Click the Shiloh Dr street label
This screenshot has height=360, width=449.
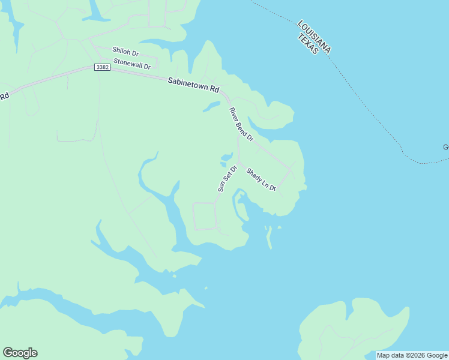pos(125,53)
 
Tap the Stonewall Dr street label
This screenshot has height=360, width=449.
pos(131,63)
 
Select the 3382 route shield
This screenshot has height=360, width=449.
pos(102,67)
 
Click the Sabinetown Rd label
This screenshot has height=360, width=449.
pos(193,84)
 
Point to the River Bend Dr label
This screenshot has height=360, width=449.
pos(241,124)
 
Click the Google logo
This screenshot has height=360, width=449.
pos(20,353)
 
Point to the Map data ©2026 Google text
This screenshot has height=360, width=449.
pos(412,355)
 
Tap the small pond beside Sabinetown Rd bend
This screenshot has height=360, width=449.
pos(211,107)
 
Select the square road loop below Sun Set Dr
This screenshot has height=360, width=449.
pos(203,216)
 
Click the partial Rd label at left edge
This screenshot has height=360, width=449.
pos(5,96)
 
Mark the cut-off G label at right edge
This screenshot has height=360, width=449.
pos(446,147)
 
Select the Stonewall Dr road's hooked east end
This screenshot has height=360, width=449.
pos(155,62)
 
